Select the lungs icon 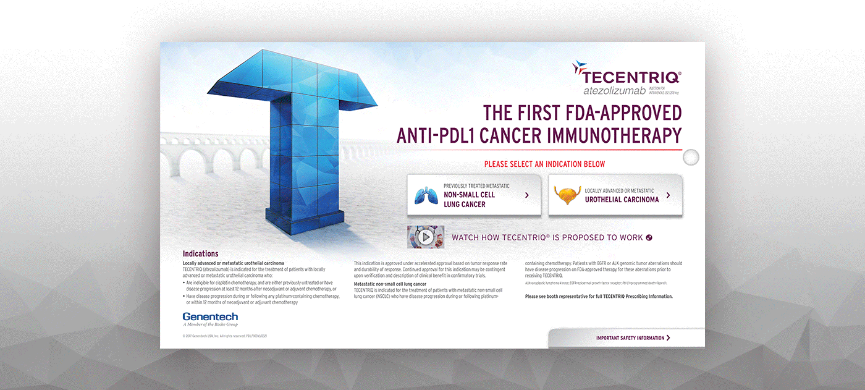pyautogui.click(x=426, y=195)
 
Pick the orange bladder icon pyautogui.click(x=567, y=195)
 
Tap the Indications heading pyautogui.click(x=200, y=254)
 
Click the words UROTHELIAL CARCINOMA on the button pyautogui.click(x=622, y=200)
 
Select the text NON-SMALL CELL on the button pyautogui.click(x=469, y=195)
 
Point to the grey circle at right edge pyautogui.click(x=691, y=157)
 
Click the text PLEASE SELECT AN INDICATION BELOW pyautogui.click(x=544, y=164)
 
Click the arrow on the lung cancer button pyautogui.click(x=526, y=195)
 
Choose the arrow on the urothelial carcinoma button pyautogui.click(x=668, y=195)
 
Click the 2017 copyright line pyautogui.click(x=225, y=336)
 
